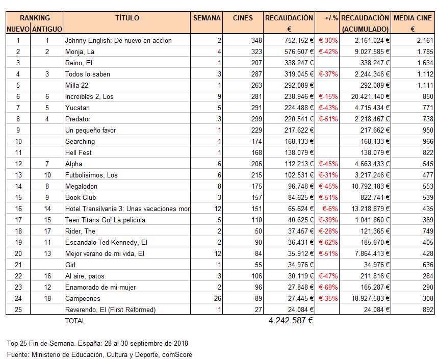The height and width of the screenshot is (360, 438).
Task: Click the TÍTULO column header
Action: (x=127, y=18)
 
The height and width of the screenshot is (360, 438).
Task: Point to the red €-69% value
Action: (x=328, y=287)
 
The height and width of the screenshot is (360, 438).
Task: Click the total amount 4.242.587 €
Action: (x=291, y=321)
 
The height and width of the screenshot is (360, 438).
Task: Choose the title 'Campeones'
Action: (x=83, y=298)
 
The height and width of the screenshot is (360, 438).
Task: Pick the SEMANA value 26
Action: (x=216, y=298)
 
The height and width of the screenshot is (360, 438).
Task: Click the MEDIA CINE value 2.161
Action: (x=425, y=40)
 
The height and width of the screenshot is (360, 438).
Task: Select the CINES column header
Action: (x=243, y=18)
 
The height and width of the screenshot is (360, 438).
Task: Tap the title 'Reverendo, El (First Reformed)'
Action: (x=110, y=310)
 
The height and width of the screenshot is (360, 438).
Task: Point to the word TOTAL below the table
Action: (x=75, y=321)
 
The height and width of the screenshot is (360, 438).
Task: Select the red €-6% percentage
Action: (x=330, y=209)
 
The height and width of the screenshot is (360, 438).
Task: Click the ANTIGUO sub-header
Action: (x=47, y=29)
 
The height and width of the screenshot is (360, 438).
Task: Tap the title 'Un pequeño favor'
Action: (x=91, y=130)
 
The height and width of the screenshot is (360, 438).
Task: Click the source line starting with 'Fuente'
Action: (x=99, y=354)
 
